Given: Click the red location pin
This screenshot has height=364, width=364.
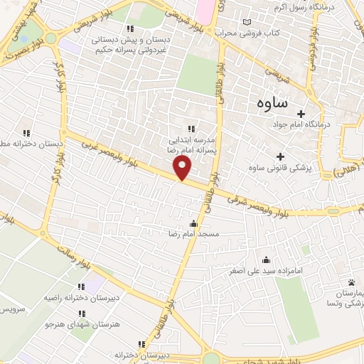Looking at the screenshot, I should tap(183, 168).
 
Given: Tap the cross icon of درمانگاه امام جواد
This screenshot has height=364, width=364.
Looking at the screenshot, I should tap(301, 114).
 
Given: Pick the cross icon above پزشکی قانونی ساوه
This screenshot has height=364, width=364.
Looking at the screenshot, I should tap(280, 156).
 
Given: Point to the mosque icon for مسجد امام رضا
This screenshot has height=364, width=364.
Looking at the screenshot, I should tap(194, 224).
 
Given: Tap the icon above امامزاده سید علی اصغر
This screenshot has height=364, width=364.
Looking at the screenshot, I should tap(266, 260).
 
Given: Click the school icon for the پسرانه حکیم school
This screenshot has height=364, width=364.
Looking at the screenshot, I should tap(129, 29).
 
